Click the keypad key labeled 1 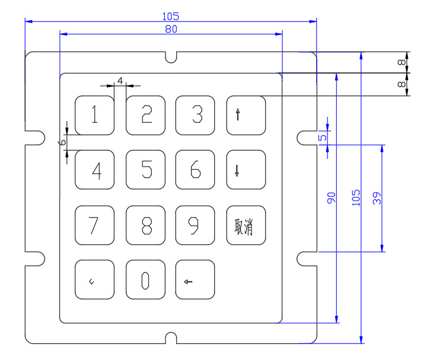coord(94,114)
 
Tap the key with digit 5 coord(145,170)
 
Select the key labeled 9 coord(195,225)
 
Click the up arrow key coord(246,114)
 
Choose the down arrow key coord(246,170)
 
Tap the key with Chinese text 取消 coord(246,225)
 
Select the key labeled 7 coord(94,225)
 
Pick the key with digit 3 coord(195,114)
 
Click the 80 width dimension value coord(171,28)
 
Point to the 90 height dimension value coord(332,198)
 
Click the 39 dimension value coord(377,198)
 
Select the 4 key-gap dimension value coord(120,79)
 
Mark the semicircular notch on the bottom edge coord(171,339)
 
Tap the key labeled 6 coord(195,170)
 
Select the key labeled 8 coord(145,225)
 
